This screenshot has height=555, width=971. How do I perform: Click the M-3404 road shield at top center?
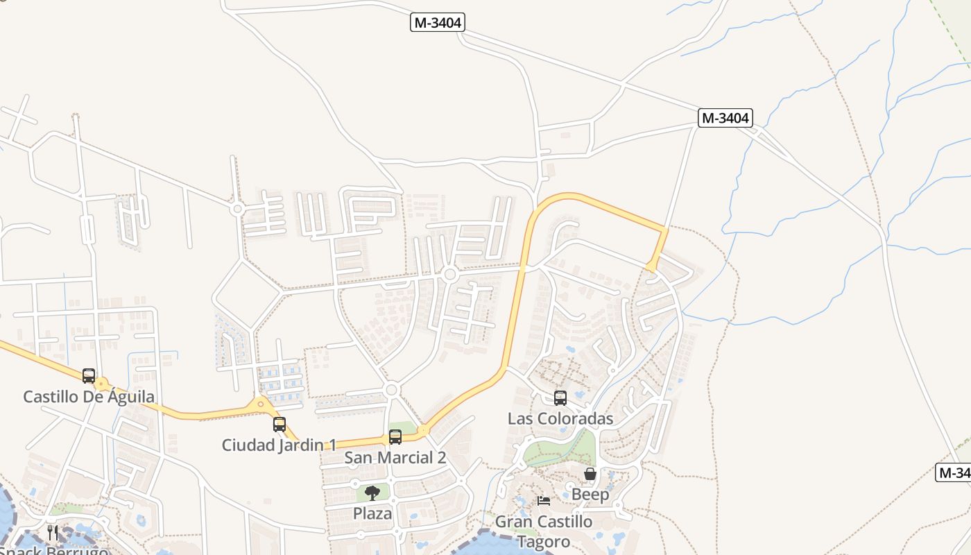[x=437, y=23]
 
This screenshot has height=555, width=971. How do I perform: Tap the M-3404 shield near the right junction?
[x=725, y=118]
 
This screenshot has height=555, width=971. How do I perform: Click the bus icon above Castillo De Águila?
[x=89, y=376]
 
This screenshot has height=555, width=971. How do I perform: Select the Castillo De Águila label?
[x=89, y=397]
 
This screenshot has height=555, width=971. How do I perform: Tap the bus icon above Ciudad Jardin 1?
[x=280, y=425]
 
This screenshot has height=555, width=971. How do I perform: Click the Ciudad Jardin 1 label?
[x=280, y=445]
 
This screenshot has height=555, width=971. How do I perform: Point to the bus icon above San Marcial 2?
[x=395, y=437]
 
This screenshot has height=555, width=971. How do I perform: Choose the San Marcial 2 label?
[x=395, y=458]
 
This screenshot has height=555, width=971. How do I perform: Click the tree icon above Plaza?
[x=372, y=493]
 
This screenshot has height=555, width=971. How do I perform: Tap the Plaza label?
[x=372, y=514]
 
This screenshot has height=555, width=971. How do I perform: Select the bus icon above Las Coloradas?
[x=560, y=398]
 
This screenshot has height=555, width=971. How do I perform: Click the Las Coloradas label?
[x=560, y=418]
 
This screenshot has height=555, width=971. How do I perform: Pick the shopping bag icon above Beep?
[x=590, y=475]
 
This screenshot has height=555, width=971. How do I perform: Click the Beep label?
[x=590, y=495]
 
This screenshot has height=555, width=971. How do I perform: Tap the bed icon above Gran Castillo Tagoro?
[x=544, y=500]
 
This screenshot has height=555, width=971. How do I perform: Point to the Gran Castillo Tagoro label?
[x=544, y=531]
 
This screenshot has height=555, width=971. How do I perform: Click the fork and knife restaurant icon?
[x=53, y=533]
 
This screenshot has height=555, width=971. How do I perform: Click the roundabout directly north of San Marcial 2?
[x=391, y=390]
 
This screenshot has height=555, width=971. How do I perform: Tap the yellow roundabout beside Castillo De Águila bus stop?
[x=103, y=383]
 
